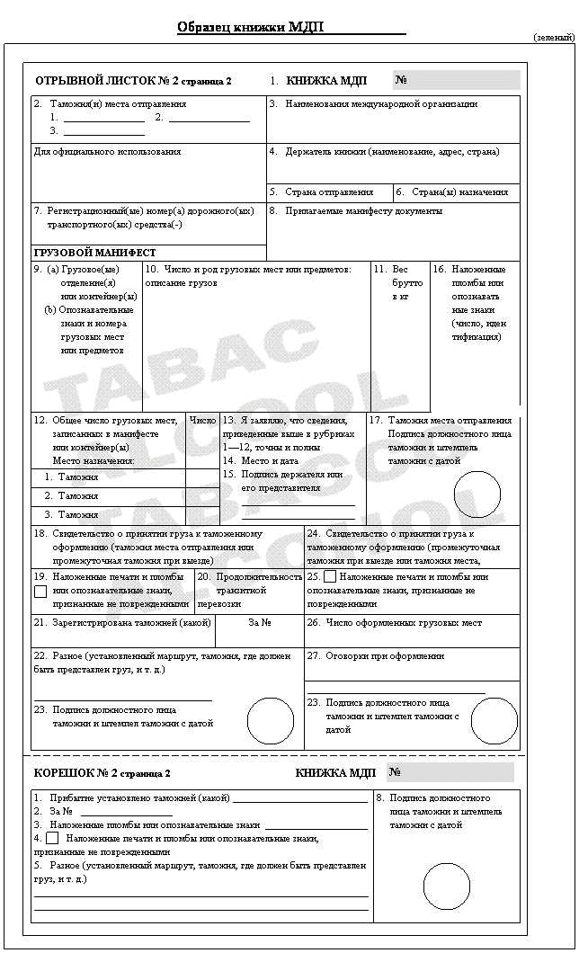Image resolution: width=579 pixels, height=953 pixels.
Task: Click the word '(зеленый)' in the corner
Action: click(553, 38)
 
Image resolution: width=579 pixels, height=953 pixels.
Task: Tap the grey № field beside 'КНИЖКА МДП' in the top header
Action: click(457, 80)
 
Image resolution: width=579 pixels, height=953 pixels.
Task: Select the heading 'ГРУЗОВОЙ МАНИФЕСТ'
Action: click(94, 254)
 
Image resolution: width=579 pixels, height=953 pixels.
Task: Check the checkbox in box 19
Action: click(40, 592)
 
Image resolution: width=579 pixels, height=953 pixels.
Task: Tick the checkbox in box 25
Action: click(330, 576)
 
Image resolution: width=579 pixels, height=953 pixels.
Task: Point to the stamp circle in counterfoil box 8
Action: click(447, 886)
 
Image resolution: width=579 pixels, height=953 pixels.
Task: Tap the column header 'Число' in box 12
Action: click(203, 420)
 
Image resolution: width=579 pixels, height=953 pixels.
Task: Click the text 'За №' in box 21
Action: click(260, 622)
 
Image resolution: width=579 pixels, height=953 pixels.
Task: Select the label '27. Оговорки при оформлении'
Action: click(376, 656)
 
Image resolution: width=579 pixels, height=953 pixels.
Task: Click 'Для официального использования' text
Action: click(107, 152)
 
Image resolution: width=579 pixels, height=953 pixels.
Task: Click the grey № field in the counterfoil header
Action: click(453, 772)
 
